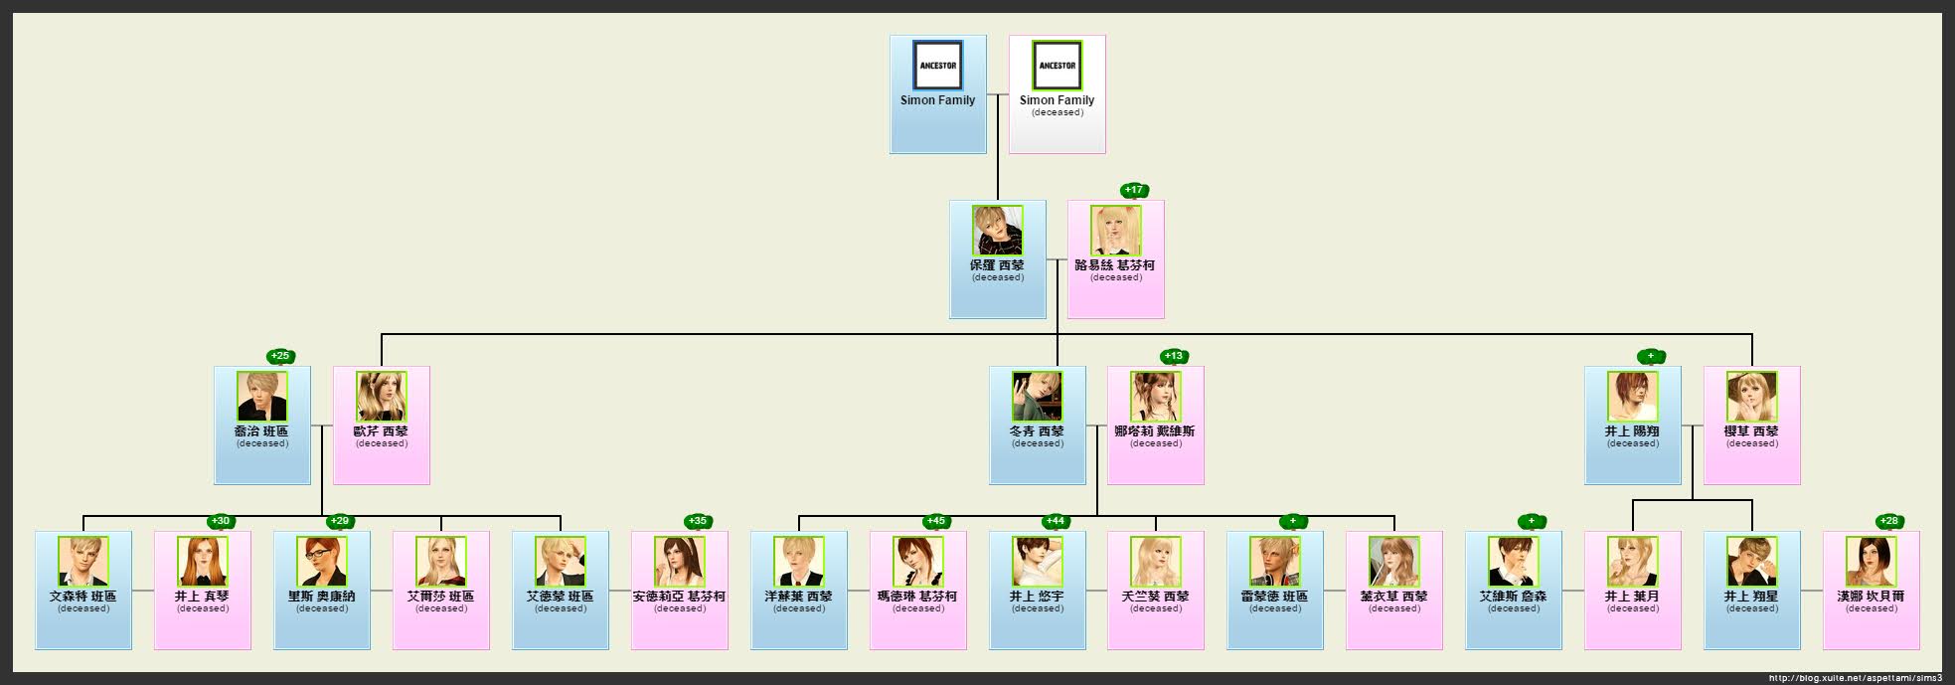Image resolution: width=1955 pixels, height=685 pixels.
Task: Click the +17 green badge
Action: pyautogui.click(x=1133, y=190)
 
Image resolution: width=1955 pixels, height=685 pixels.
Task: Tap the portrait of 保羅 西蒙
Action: pyautogui.click(x=997, y=231)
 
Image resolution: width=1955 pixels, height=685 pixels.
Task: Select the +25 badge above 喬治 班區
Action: pyautogui.click(x=280, y=356)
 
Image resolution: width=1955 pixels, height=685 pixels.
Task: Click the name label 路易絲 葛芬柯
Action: pyautogui.click(x=1115, y=265)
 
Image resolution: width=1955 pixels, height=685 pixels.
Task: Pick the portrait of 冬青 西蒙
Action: pyautogui.click(x=1037, y=397)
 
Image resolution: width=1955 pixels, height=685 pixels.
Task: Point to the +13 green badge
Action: pyautogui.click(x=1174, y=356)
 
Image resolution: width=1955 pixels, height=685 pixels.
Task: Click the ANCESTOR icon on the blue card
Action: pyautogui.click(x=937, y=66)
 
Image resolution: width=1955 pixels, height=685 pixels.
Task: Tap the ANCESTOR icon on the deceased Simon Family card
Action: pyautogui.click(x=1057, y=66)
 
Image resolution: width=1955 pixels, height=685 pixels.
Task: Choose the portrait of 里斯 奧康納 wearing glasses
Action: pyautogui.click(x=321, y=562)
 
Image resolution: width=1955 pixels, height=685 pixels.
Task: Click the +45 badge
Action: pyautogui.click(x=935, y=521)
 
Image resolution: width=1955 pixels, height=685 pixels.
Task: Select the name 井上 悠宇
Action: pyautogui.click(x=1037, y=597)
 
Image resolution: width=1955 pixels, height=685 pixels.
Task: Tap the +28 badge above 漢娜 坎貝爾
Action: pyautogui.click(x=1888, y=521)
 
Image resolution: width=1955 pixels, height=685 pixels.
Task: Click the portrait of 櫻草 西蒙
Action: pyautogui.click(x=1751, y=397)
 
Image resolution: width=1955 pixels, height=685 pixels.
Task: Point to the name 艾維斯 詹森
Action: pyautogui.click(x=1513, y=597)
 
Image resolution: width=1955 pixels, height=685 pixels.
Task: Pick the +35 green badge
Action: pyautogui.click(x=698, y=521)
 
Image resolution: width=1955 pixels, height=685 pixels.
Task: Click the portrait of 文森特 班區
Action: pyautogui.click(x=82, y=562)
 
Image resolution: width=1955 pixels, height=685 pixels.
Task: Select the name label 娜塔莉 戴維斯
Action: pyautogui.click(x=1155, y=431)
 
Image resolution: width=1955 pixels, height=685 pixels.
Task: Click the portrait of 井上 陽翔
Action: pyautogui.click(x=1632, y=397)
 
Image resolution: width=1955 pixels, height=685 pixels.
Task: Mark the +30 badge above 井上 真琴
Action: pyautogui.click(x=221, y=521)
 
